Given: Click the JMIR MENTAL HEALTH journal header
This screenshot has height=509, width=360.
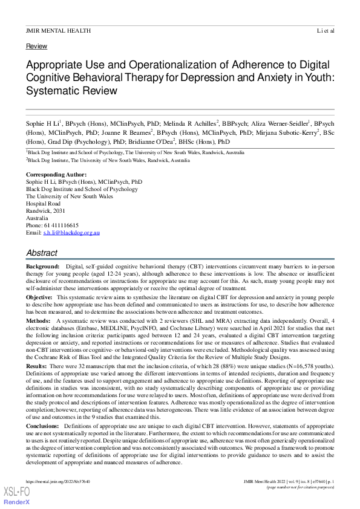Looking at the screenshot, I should pyautogui.click(x=58, y=30).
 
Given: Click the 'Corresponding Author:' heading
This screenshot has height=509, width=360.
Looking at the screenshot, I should pyautogui.click(x=52, y=175).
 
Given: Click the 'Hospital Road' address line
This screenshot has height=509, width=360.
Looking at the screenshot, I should pyautogui.click(x=45, y=204).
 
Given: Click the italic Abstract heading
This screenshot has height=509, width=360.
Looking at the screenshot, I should pyautogui.click(x=42, y=253).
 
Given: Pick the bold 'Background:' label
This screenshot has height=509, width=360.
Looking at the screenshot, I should pyautogui.click(x=42, y=267).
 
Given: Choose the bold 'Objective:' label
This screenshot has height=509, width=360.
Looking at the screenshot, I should pyautogui.click(x=39, y=298).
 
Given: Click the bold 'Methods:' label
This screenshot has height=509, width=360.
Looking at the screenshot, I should pyautogui.click(x=38, y=322).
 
